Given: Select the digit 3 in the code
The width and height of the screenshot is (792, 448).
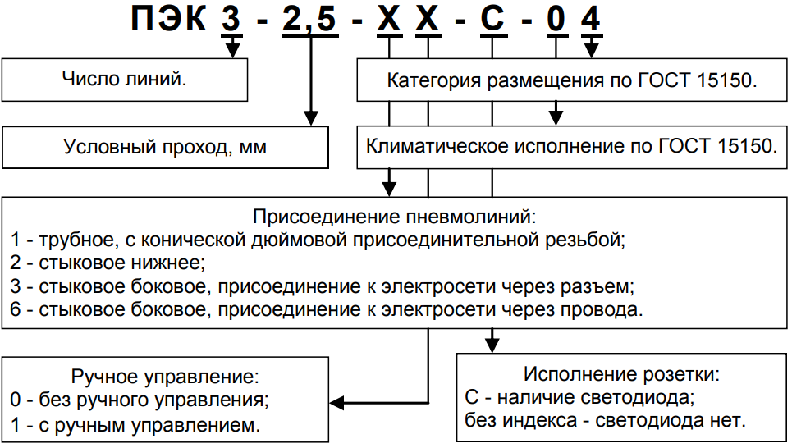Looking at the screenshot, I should [x=231, y=20].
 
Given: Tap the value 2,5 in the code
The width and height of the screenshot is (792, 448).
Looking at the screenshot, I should [x=309, y=20].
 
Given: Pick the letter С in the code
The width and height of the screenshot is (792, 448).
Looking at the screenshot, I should [x=492, y=20].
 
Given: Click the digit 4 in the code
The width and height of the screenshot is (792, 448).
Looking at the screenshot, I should [x=590, y=20].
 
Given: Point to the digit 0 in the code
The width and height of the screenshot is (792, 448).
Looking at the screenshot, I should [x=557, y=20].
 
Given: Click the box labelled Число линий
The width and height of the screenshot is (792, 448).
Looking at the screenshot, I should [x=125, y=80].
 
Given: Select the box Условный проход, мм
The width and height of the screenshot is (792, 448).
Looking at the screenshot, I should [x=165, y=147].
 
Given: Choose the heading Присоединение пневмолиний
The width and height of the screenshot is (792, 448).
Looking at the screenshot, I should [x=395, y=217].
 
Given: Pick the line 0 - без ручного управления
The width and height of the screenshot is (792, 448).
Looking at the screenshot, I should [x=140, y=401].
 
